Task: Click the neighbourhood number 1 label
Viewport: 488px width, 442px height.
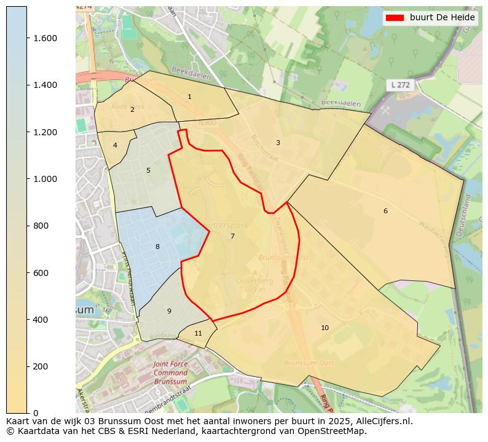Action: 189,97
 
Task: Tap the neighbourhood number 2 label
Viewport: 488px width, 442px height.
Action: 132,109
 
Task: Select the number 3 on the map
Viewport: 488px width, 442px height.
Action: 278,143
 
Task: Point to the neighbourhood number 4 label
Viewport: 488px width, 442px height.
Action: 115,145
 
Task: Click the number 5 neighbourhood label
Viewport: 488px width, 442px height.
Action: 148,170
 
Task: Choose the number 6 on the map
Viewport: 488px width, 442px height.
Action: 385,211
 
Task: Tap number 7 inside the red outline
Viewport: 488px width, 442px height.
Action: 232,236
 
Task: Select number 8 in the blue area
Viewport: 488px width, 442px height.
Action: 157,247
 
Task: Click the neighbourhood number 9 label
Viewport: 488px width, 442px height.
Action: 169,311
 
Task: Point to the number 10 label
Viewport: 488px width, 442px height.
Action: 325,328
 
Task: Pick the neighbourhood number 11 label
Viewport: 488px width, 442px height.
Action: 198,333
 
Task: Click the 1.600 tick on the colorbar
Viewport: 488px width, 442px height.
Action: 44,38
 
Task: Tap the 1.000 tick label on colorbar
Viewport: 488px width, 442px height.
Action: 44,179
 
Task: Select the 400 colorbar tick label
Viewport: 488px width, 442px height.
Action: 41,320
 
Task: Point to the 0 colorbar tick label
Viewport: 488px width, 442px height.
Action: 36,413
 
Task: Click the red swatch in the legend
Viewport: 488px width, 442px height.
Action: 395,17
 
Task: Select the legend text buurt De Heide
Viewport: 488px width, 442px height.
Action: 443,17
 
